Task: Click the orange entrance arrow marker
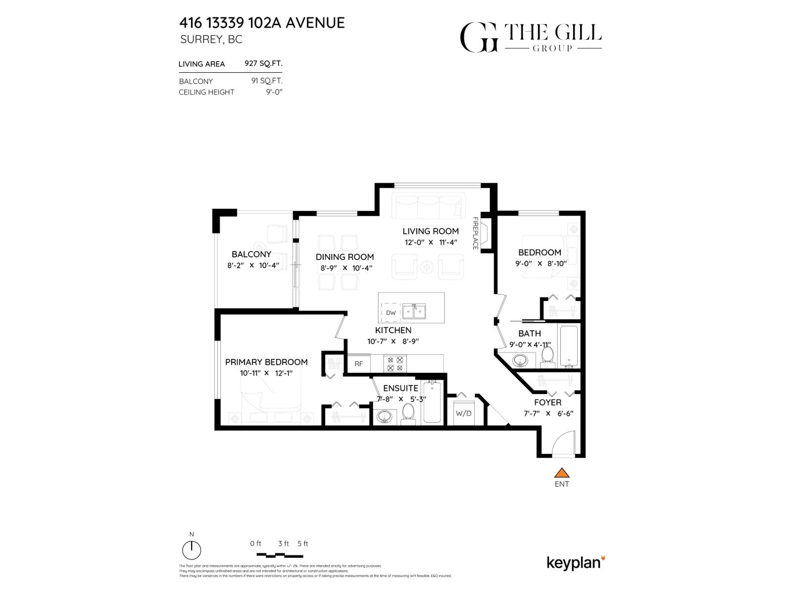(561, 472)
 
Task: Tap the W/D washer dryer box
(463, 413)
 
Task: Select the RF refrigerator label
(359, 364)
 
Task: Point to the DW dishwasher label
(391, 313)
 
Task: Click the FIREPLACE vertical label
(475, 233)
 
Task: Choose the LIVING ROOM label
(430, 231)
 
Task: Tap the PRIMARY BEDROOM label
(266, 362)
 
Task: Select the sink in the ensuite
(384, 417)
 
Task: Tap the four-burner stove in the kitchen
(395, 364)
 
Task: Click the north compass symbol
(192, 550)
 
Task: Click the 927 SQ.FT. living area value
(263, 63)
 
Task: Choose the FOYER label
(547, 402)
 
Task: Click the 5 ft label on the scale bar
(302, 544)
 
